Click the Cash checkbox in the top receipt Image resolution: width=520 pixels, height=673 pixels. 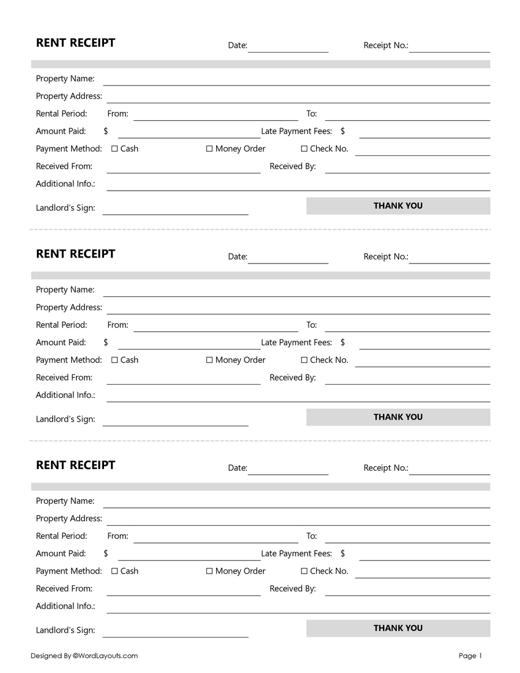click(114, 149)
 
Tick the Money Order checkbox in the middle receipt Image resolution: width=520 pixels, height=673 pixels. click(210, 360)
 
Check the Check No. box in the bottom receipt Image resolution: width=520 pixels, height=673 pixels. click(304, 571)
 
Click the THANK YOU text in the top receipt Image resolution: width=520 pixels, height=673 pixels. click(398, 206)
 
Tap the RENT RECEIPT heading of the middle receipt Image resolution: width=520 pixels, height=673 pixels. click(76, 254)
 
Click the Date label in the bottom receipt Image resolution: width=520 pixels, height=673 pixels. click(237, 468)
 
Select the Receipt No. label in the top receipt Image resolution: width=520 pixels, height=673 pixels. click(385, 46)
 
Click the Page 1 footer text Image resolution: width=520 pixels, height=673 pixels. click(470, 656)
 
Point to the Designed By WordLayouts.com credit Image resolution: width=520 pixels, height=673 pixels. click(84, 656)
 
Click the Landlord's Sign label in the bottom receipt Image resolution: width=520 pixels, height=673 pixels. click(65, 630)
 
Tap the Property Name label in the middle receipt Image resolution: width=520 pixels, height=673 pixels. click(65, 290)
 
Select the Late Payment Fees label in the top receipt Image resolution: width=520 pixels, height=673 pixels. click(296, 132)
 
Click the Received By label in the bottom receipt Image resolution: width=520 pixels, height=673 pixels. click(292, 589)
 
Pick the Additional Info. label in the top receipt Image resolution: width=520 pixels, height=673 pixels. click(65, 184)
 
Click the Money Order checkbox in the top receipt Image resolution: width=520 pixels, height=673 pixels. click(210, 149)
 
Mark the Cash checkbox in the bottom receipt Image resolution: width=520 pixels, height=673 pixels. click(114, 571)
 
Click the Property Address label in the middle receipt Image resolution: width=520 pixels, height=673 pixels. click(69, 307)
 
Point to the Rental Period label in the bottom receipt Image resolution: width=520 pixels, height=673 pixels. click(61, 536)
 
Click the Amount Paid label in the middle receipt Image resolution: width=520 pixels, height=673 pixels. click(61, 343)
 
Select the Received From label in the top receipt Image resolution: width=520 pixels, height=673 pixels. click(64, 166)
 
